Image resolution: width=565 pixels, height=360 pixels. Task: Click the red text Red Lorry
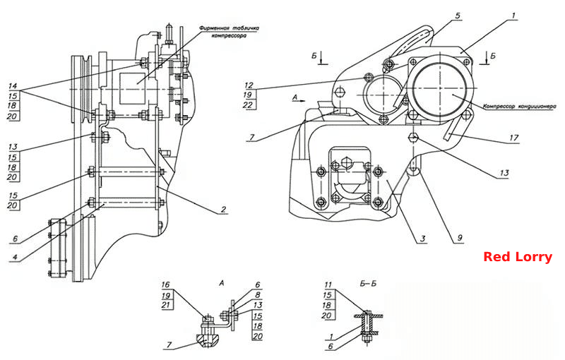(x=518, y=257)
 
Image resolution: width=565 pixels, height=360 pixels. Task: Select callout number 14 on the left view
(x=13, y=86)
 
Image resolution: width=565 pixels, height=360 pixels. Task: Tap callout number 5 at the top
(x=458, y=16)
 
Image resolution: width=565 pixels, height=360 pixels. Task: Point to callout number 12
(x=249, y=85)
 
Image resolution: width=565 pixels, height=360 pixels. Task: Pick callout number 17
(x=514, y=138)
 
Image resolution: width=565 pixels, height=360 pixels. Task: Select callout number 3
(x=422, y=239)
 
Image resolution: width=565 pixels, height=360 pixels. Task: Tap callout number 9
(x=460, y=238)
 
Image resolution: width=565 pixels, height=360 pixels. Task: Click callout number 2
(x=223, y=209)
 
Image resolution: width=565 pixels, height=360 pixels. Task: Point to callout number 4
(x=15, y=258)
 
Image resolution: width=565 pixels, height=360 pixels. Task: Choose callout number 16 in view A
(x=165, y=284)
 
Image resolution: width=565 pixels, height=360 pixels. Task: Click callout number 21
(x=166, y=305)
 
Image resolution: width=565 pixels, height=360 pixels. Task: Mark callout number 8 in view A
(x=258, y=295)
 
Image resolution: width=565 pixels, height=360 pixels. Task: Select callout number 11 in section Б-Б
(x=328, y=284)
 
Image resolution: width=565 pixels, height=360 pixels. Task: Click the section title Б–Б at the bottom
(x=368, y=284)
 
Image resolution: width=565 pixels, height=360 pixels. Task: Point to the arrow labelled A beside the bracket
(x=299, y=101)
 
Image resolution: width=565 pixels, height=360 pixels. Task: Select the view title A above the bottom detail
(x=222, y=284)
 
